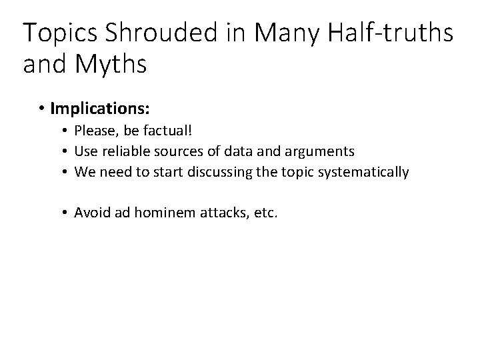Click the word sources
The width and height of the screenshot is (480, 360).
(176, 151)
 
